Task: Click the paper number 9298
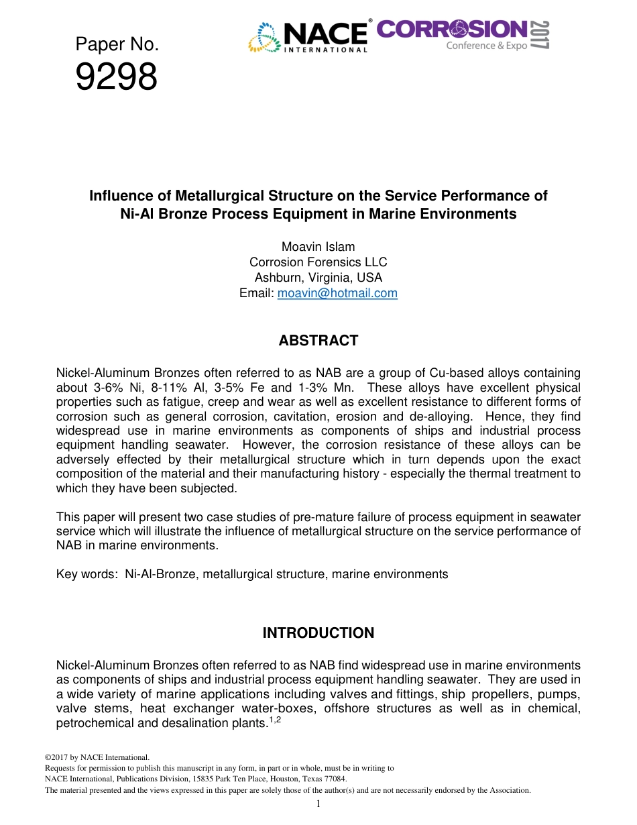116,77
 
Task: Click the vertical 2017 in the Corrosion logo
541,34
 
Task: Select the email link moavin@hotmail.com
337,293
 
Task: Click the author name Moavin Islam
318,247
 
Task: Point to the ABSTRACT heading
318,341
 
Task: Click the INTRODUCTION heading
318,633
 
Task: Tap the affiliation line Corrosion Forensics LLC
318,262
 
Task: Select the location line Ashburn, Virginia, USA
318,278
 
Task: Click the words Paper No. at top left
117,45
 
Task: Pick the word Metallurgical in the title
219,196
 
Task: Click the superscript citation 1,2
273,720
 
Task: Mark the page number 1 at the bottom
318,804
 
